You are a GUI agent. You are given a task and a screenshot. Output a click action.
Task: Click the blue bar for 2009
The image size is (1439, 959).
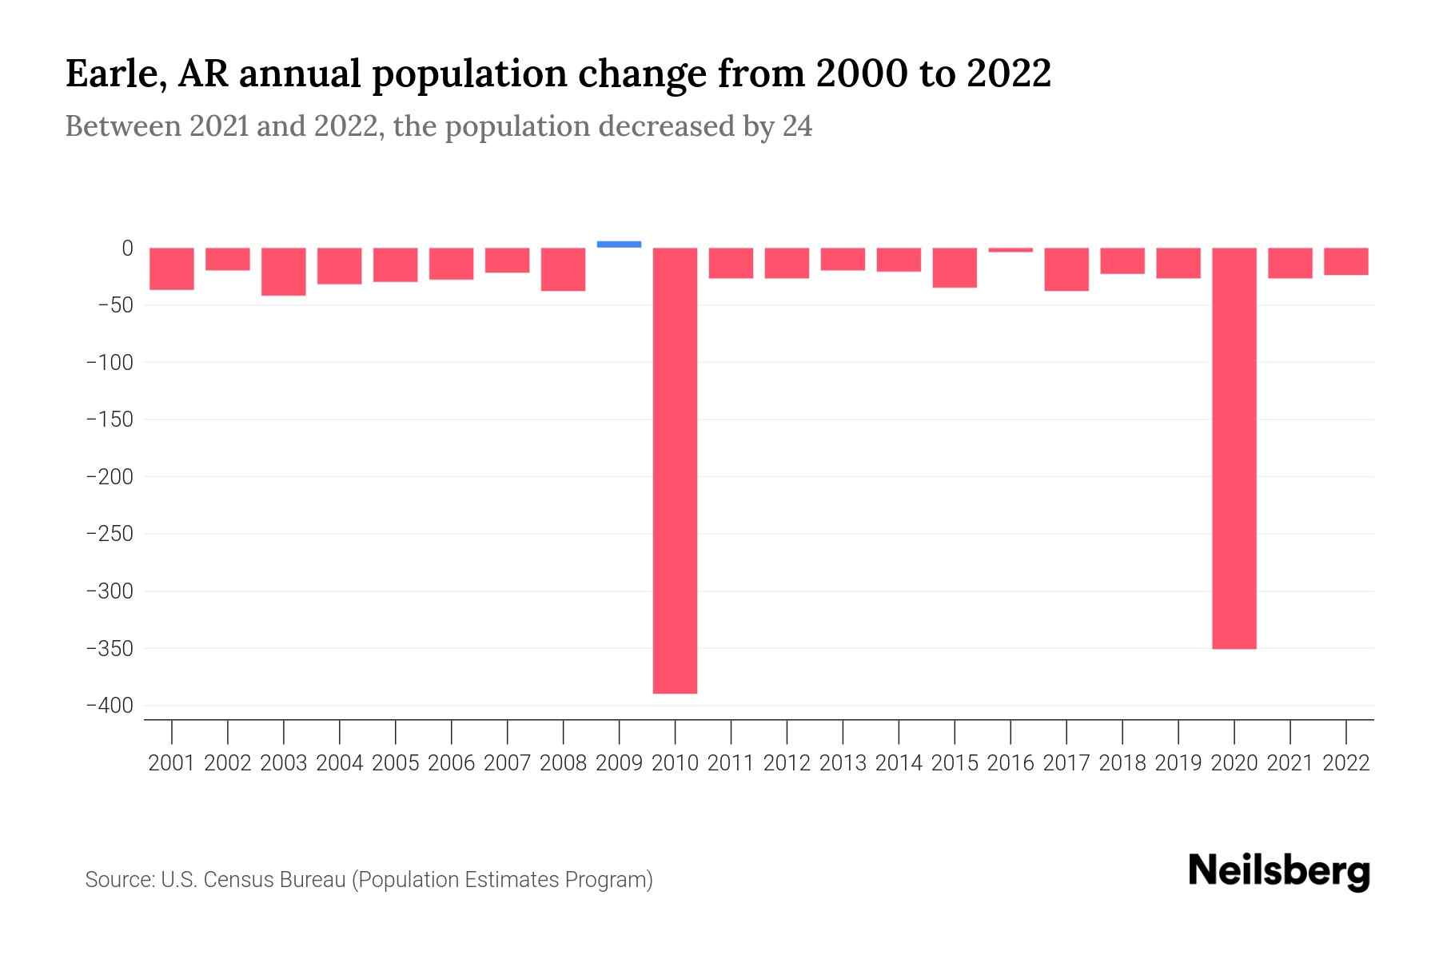point(619,245)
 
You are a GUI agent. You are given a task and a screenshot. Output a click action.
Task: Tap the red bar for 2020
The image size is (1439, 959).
point(1234,448)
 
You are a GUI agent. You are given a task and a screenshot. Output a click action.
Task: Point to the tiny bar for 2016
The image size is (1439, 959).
point(1010,250)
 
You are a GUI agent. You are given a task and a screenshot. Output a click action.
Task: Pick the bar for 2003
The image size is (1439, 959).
point(284,272)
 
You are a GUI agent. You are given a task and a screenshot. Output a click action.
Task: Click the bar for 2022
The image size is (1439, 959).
point(1345,261)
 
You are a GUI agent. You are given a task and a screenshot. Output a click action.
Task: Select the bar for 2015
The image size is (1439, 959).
point(955,268)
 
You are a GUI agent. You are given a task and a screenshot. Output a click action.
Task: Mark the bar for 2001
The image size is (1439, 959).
point(172,269)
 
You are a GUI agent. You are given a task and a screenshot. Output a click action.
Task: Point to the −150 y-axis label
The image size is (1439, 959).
point(110,420)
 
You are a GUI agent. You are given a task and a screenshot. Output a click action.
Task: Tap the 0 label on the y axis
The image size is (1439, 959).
point(126,249)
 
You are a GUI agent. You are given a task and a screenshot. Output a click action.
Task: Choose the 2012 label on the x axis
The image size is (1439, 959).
point(787,763)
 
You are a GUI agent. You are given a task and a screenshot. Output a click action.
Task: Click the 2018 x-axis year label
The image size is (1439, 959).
point(1122,763)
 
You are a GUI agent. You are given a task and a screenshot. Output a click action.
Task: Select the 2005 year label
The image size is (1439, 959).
point(396,763)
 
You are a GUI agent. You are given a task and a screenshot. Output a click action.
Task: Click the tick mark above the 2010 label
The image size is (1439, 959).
point(675,730)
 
